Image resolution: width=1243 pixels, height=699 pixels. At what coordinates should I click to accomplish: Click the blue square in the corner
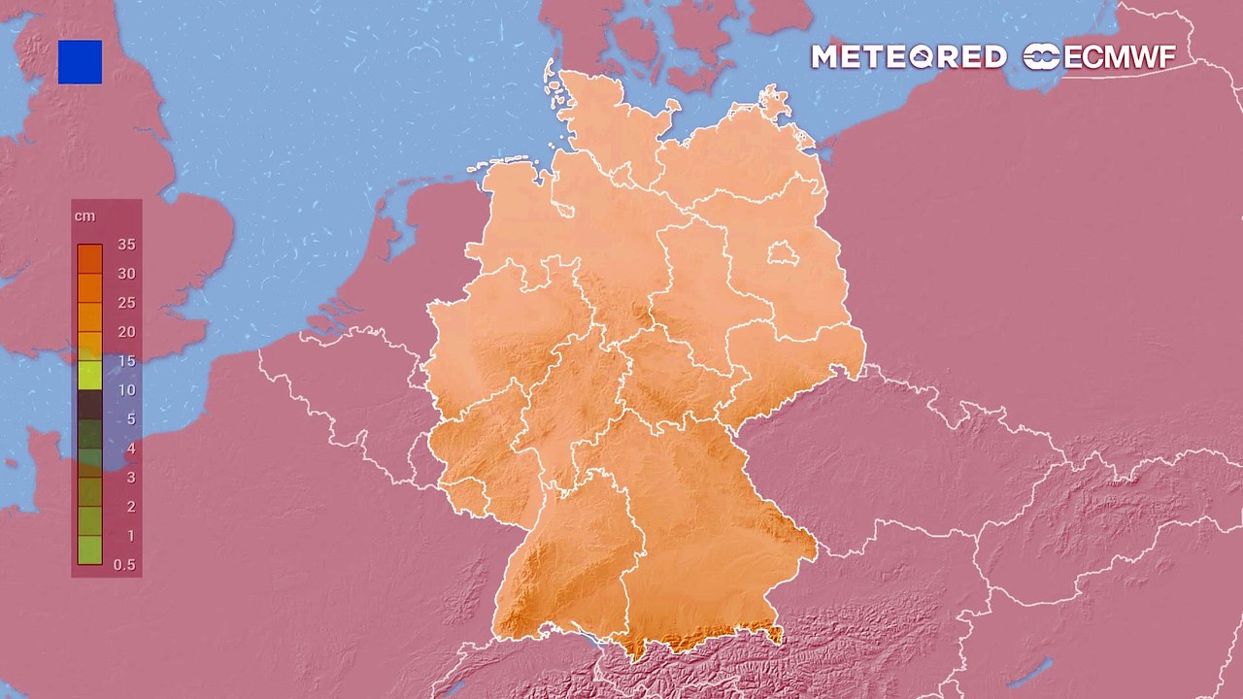click(80, 62)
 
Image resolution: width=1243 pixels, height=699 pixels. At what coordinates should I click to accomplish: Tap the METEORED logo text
click(908, 57)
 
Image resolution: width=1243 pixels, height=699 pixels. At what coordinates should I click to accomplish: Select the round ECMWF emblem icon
click(1042, 57)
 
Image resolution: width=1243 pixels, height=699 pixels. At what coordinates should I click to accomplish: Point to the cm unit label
click(85, 216)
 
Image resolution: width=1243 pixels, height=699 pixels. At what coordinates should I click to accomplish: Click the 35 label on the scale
click(126, 245)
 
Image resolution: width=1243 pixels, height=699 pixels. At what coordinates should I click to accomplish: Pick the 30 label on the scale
click(126, 274)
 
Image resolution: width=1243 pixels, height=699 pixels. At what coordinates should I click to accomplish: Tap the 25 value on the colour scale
click(126, 303)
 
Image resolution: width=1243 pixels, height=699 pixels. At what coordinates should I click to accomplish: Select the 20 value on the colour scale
click(126, 332)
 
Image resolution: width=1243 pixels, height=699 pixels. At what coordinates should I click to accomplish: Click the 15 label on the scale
click(126, 361)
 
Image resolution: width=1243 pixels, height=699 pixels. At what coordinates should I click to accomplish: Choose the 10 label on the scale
click(126, 390)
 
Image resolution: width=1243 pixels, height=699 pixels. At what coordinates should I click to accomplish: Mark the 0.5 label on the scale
click(124, 565)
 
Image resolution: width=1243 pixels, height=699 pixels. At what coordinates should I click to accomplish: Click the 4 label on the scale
click(131, 449)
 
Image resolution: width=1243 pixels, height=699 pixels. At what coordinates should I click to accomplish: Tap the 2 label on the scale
click(131, 507)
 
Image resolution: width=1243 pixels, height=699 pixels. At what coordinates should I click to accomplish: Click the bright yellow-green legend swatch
click(89, 375)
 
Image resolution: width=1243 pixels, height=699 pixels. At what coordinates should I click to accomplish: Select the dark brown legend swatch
click(89, 404)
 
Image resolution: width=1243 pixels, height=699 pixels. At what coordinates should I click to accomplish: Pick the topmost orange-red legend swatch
click(89, 258)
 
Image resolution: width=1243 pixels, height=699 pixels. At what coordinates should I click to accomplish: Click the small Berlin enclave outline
click(784, 254)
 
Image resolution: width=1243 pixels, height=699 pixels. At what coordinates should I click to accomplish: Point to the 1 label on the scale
click(131, 536)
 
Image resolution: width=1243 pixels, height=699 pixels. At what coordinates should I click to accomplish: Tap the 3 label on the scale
click(131, 478)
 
